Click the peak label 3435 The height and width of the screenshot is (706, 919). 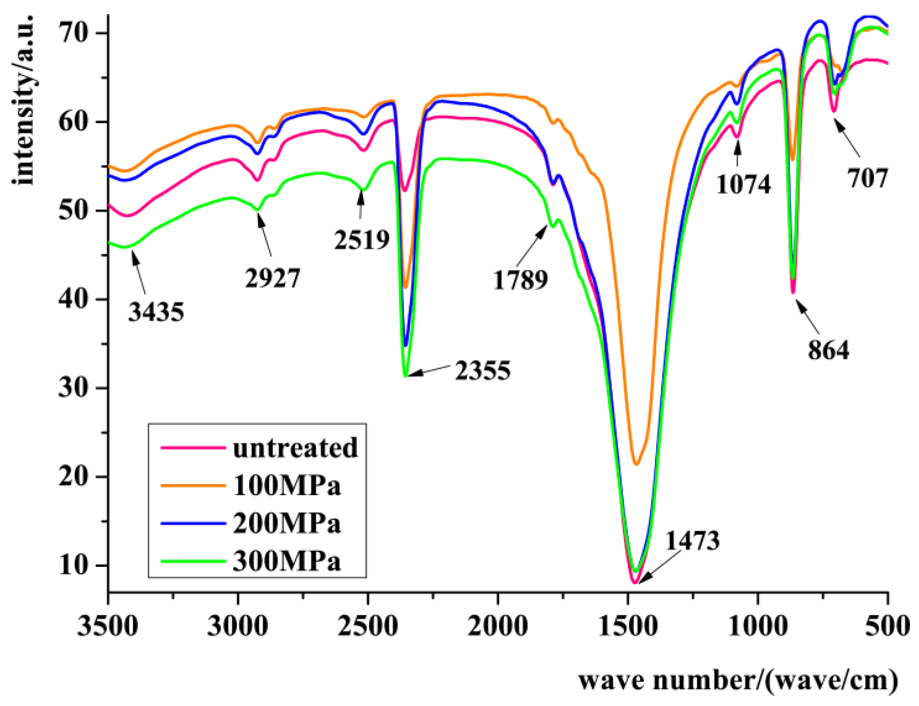pyautogui.click(x=156, y=312)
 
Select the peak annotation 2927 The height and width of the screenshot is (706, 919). pyautogui.click(x=272, y=278)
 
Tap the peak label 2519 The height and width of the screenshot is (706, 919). pyautogui.click(x=362, y=240)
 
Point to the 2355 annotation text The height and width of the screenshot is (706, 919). pyautogui.click(x=483, y=370)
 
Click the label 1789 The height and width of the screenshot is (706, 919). pyautogui.click(x=520, y=280)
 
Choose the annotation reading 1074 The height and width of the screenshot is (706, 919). pyautogui.click(x=743, y=184)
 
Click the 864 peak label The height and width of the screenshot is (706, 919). pyautogui.click(x=828, y=350)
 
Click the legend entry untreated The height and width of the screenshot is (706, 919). pyautogui.click(x=295, y=447)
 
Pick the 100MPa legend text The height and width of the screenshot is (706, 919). pyautogui.click(x=287, y=486)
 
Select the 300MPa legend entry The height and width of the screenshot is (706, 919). pyautogui.click(x=287, y=561)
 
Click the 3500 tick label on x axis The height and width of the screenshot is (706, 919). pyautogui.click(x=108, y=626)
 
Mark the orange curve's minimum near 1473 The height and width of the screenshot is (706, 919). pyautogui.click(x=636, y=464)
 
